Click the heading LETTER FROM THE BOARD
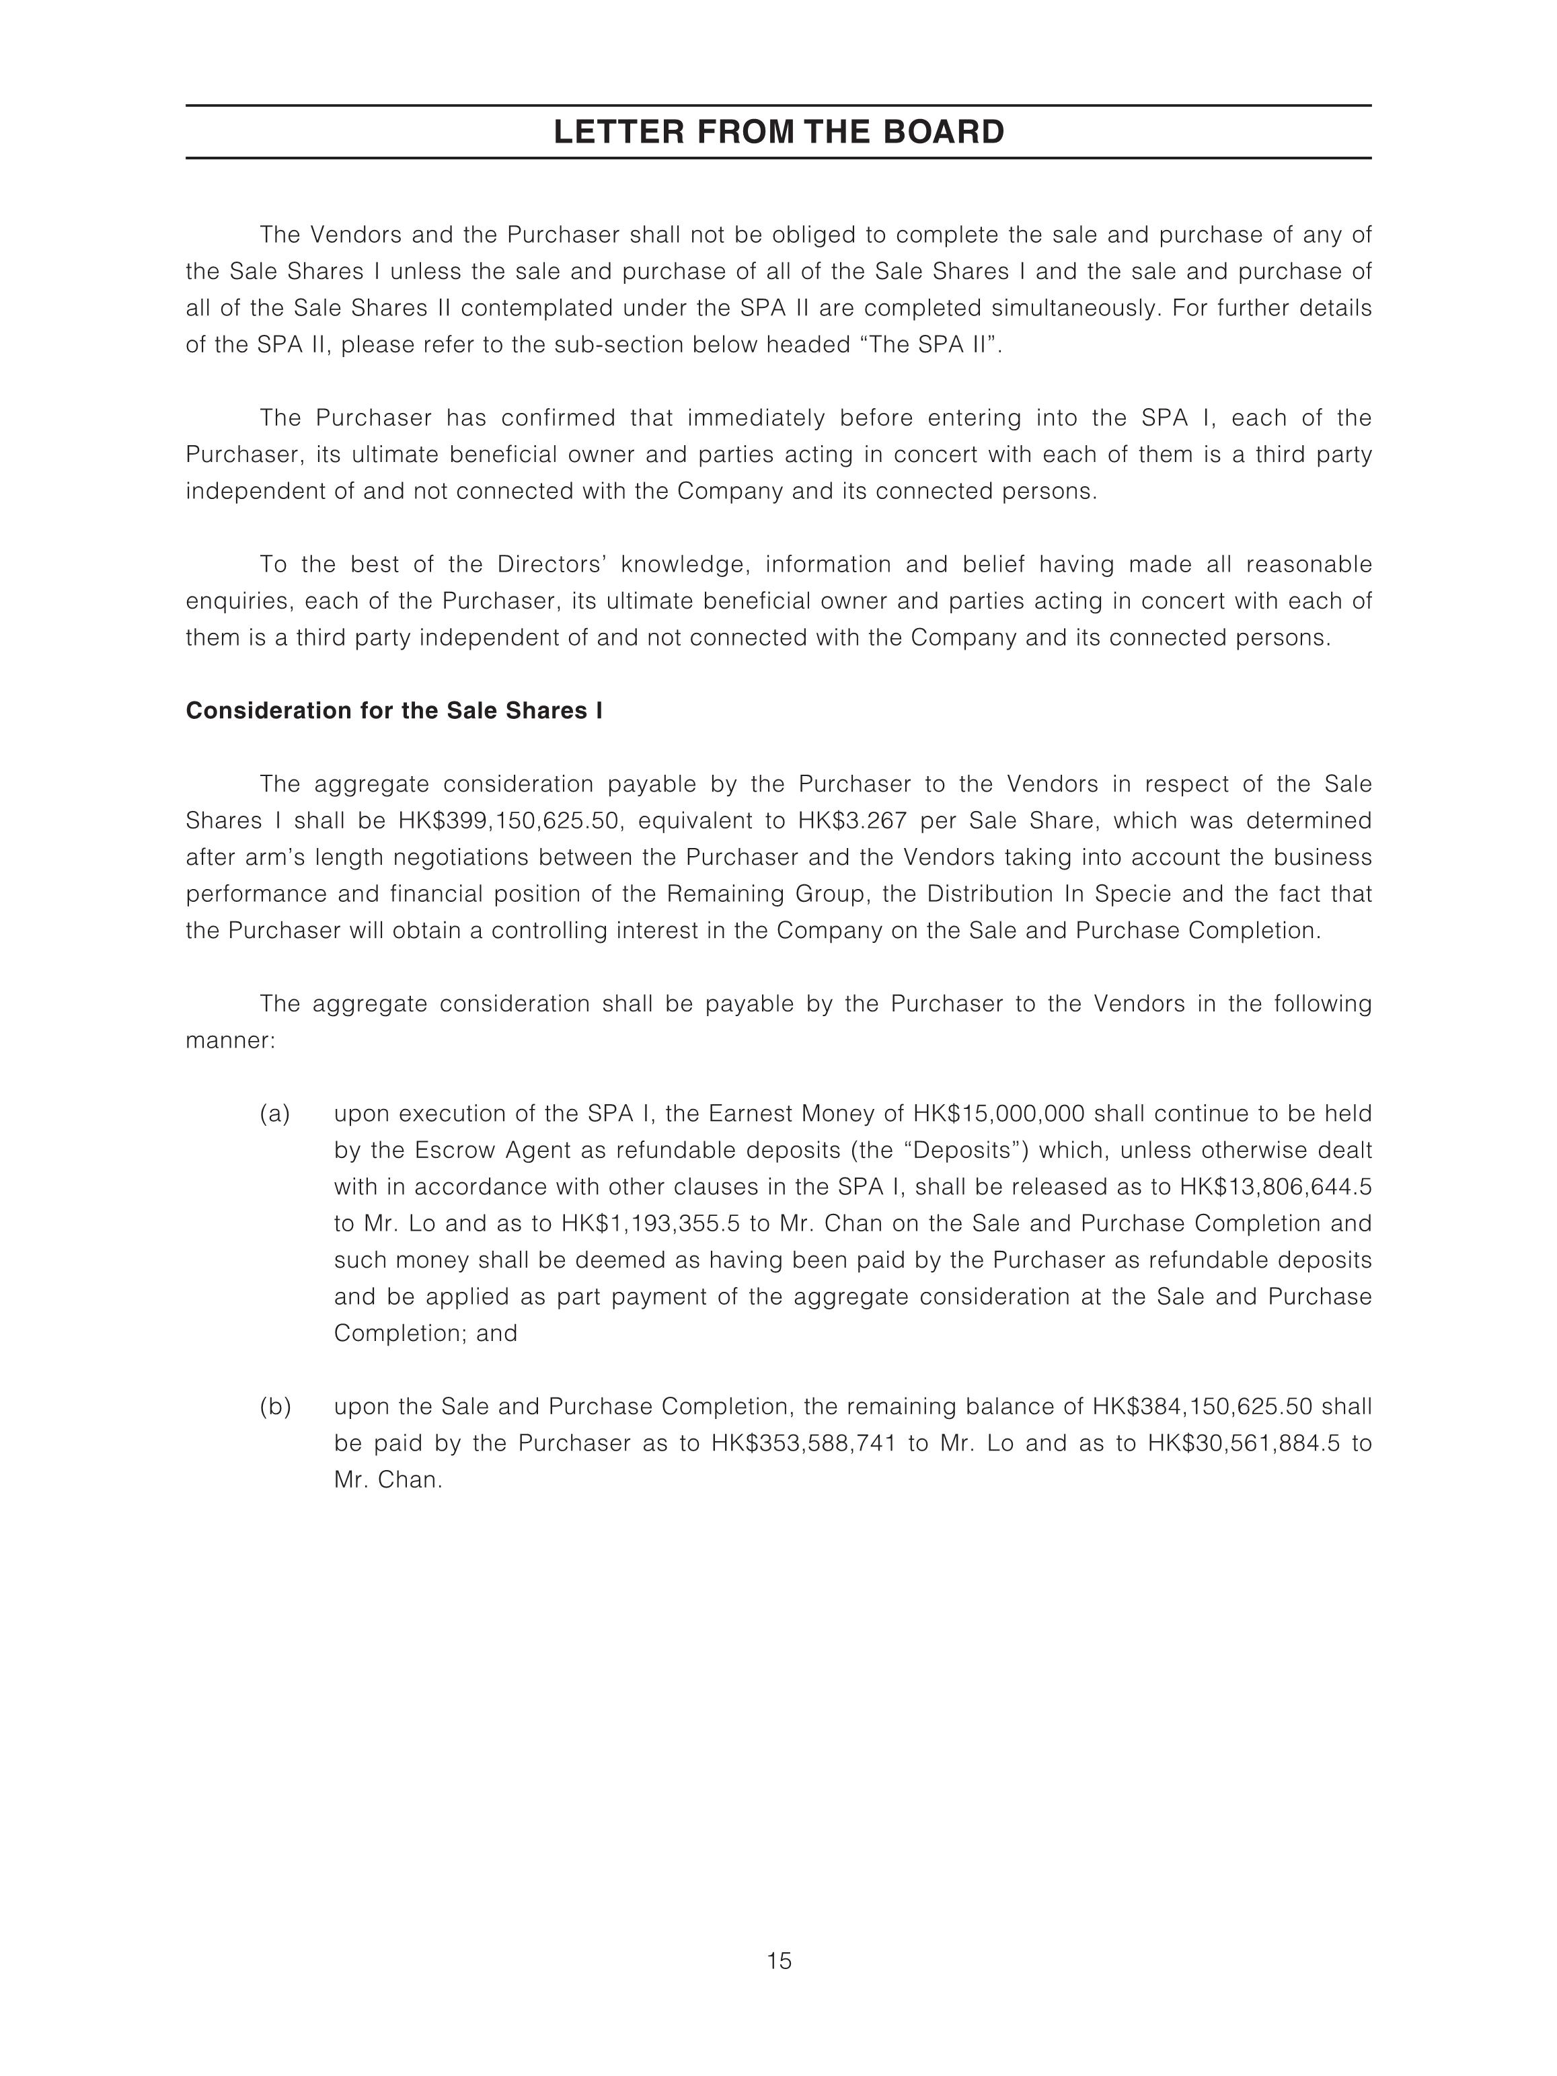(778, 132)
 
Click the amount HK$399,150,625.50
(510, 820)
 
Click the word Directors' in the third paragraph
(554, 564)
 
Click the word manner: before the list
(230, 1041)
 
